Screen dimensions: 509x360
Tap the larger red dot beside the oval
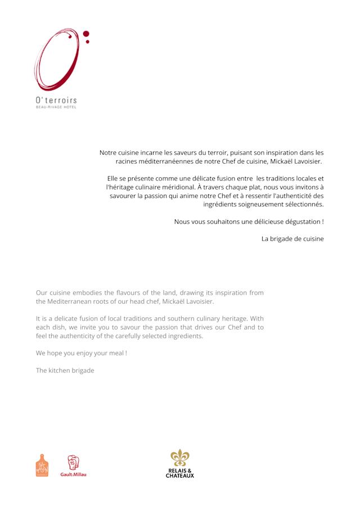coord(86,34)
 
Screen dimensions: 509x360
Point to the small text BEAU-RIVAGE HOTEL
coord(56,106)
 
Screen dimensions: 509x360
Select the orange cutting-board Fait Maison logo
coord(42,466)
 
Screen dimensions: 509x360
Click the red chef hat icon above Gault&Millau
coord(74,463)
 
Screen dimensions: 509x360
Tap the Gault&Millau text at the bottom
coord(74,475)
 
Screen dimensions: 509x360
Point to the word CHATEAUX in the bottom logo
coord(179,476)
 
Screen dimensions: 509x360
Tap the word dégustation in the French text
coord(299,222)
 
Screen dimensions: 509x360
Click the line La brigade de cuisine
coord(292,238)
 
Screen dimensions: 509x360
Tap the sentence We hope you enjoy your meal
coord(81,353)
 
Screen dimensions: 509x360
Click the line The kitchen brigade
coord(65,371)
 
